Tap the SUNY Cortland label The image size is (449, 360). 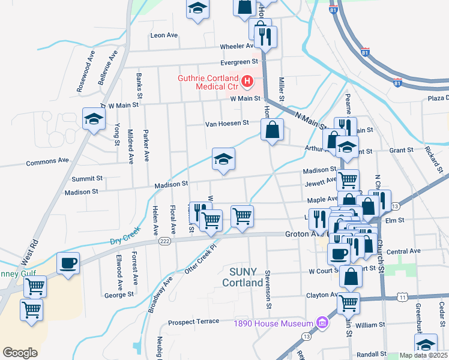tap(243, 277)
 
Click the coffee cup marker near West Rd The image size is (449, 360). tap(68, 263)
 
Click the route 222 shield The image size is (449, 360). tap(164, 241)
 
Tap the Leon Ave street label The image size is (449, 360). tap(164, 35)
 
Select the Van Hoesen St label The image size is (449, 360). tap(227, 124)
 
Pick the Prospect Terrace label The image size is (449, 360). tap(193, 322)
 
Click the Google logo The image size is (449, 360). tap(20, 353)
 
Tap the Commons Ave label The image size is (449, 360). tap(47, 161)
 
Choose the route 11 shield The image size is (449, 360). tap(402, 297)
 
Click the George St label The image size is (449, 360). tap(118, 295)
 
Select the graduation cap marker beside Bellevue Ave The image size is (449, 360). tap(94, 119)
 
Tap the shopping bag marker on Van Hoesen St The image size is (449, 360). tap(272, 130)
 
